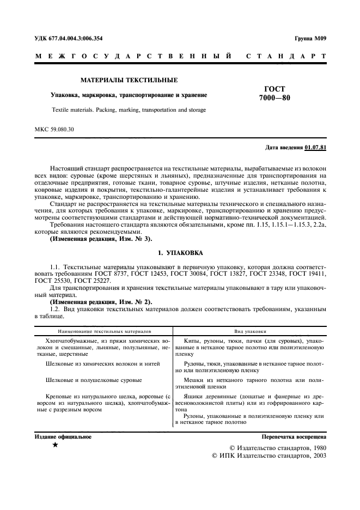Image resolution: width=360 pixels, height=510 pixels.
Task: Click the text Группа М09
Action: (310, 38)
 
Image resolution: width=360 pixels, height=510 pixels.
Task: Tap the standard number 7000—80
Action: (274, 99)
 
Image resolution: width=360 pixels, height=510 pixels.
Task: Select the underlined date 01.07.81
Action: (315, 147)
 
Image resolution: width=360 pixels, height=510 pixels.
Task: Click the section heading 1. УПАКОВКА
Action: (180, 253)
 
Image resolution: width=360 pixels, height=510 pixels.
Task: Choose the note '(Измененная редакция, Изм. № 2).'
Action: (101, 301)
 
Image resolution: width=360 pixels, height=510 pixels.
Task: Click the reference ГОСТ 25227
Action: (89, 280)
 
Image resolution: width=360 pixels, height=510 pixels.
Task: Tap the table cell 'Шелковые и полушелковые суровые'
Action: (94, 380)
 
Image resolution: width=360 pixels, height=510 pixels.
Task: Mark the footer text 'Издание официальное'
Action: (63, 437)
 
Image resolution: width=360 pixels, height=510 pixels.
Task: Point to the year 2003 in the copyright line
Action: (317, 456)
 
